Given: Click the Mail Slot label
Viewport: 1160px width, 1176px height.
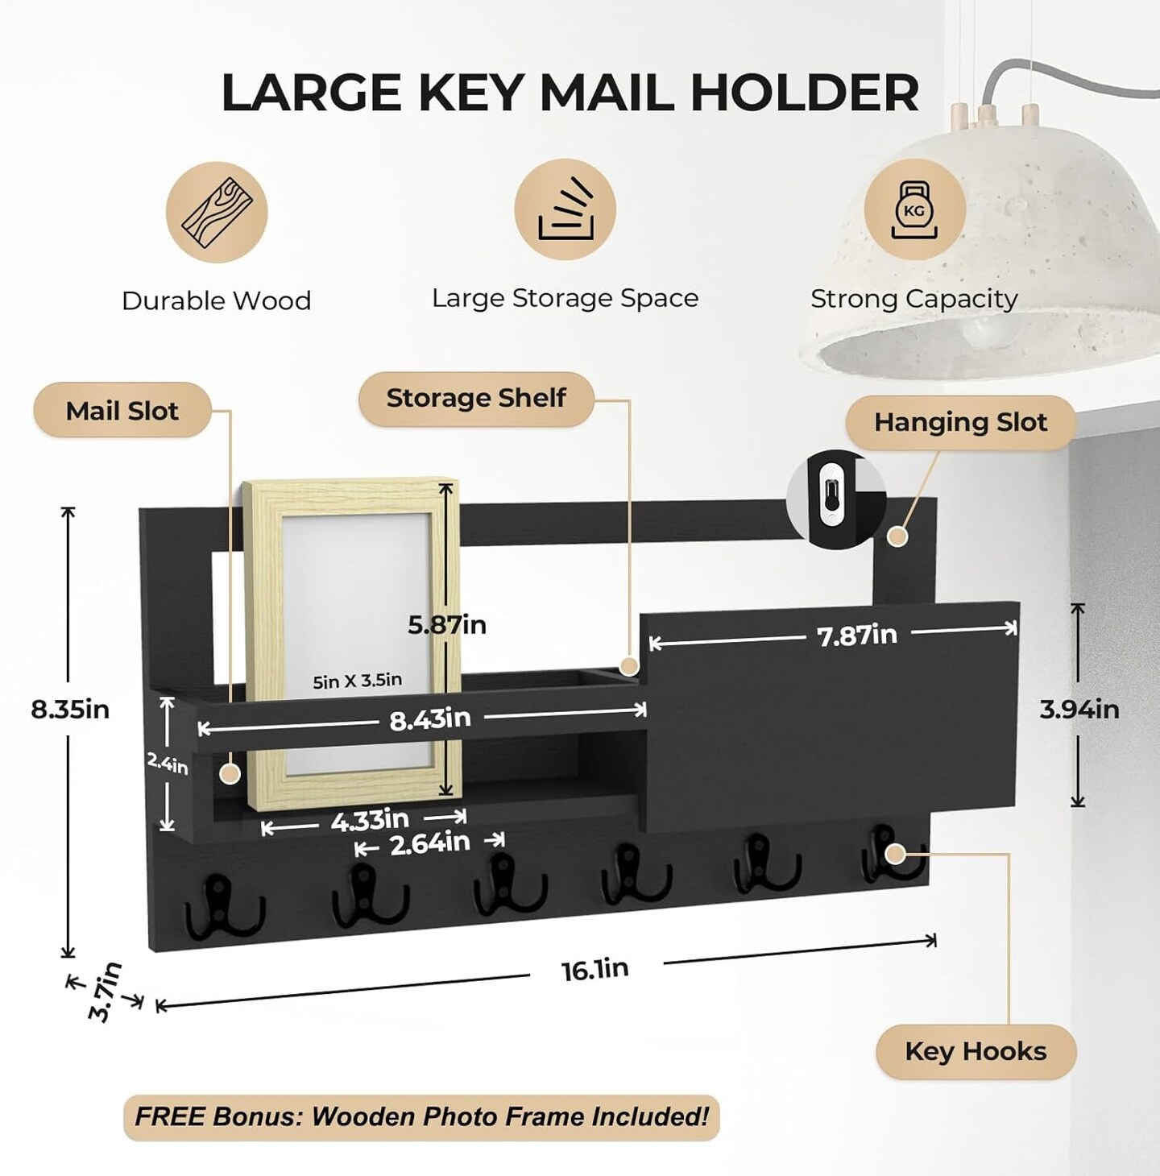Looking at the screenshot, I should [122, 411].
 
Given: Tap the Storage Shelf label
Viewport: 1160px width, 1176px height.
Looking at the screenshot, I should [476, 398].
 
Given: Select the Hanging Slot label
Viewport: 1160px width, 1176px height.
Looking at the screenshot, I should [960, 422].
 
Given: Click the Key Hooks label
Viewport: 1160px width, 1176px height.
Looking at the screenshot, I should [976, 1051].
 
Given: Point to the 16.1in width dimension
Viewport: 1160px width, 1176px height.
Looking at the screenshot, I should [595, 969].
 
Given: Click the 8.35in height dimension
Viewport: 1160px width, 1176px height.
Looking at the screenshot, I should [70, 710].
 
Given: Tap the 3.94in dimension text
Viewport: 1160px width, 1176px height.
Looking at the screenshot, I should [1079, 710].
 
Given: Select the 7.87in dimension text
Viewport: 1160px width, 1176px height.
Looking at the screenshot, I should [857, 636].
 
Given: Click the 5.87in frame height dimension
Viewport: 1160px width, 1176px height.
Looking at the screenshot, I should [447, 625].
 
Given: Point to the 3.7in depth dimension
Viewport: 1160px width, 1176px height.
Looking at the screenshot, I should [105, 992].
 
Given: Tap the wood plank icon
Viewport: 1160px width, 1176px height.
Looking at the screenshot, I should [217, 212].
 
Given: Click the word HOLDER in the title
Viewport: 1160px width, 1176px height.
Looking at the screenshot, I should [804, 92].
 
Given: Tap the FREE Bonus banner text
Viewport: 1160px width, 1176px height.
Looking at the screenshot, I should [421, 1117].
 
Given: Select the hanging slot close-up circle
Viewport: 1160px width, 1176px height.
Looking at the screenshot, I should [835, 496].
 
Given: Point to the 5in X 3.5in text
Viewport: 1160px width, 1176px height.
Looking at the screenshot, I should [357, 681].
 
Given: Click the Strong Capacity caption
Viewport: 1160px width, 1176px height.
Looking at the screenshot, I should [913, 299].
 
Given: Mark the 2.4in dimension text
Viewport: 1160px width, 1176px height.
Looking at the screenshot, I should [168, 764].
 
